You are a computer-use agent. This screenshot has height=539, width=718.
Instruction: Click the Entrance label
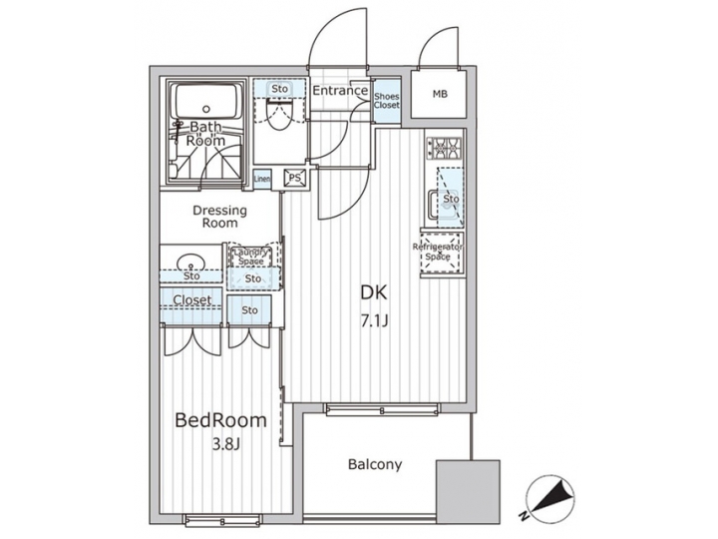tap(340, 92)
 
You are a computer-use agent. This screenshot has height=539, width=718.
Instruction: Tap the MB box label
tap(440, 95)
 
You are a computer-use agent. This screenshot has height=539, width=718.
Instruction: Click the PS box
tap(295, 178)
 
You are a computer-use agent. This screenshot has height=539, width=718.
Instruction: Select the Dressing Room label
tap(220, 218)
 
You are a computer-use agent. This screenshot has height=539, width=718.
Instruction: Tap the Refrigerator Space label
tap(439, 252)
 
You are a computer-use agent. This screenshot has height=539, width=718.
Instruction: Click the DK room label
tap(373, 293)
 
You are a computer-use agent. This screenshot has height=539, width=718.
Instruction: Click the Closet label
tap(191, 300)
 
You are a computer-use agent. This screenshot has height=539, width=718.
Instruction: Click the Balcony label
tap(375, 464)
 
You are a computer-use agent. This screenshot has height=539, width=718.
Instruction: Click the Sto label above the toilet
tap(280, 89)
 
